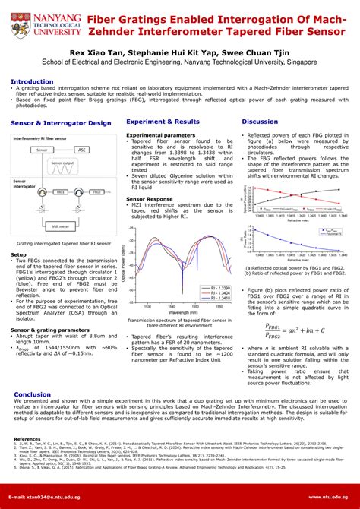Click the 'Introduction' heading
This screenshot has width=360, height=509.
click(x=32, y=81)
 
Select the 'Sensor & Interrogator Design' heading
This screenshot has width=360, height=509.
click(x=61, y=122)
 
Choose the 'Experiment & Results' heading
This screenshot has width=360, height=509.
click(x=163, y=122)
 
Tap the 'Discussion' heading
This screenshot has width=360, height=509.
click(x=260, y=122)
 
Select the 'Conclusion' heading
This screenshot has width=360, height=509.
click(x=33, y=394)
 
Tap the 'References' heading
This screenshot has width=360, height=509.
click(x=27, y=439)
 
